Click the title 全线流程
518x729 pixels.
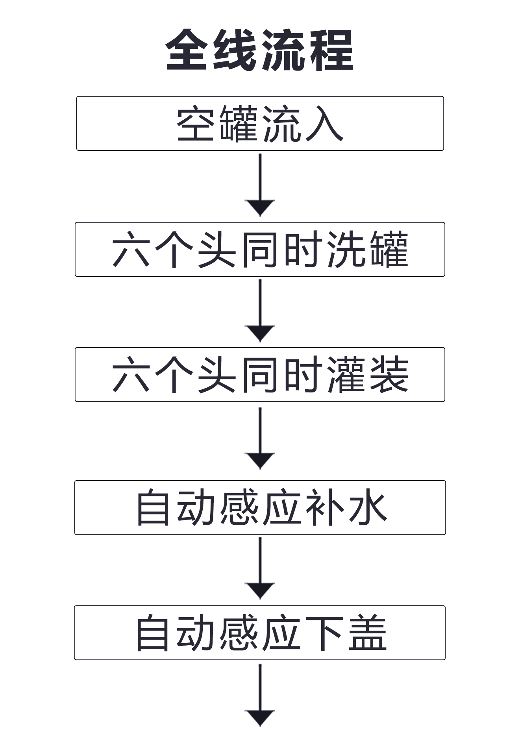[259, 50]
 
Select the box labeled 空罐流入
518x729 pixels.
[260, 123]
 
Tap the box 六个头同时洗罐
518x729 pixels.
[260, 249]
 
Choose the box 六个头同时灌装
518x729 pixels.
[260, 374]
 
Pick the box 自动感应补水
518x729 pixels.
[260, 507]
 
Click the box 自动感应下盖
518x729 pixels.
[260, 633]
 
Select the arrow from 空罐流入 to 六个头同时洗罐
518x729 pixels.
[260, 185]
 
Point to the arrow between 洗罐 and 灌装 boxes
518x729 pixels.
[260, 311]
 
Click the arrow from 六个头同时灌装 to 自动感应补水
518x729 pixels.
[260, 439]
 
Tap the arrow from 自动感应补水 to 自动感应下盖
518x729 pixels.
[260, 568]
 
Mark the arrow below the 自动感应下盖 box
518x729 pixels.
[260, 695]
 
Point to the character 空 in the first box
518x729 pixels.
[195, 124]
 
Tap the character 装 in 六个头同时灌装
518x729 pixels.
[389, 375]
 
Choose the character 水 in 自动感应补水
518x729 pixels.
[368, 508]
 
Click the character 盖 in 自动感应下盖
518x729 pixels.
[368, 633]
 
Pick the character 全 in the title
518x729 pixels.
[187, 50]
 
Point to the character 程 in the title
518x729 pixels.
[332, 50]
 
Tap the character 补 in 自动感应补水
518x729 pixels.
[324, 508]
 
